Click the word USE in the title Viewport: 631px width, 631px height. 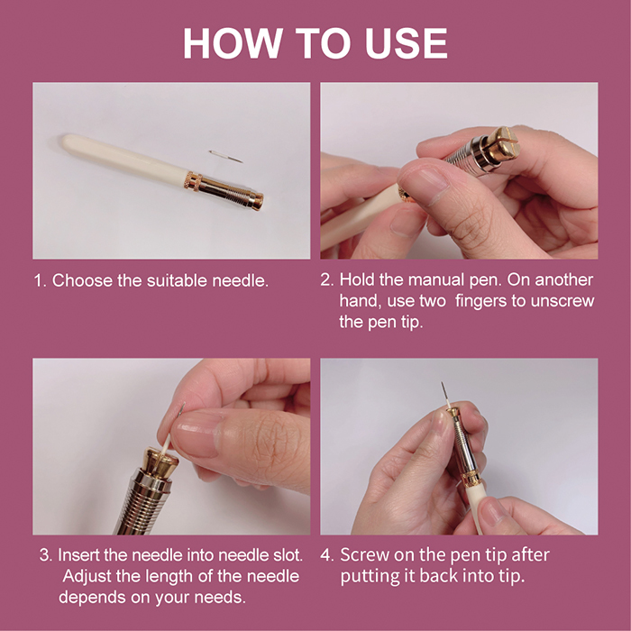click(x=407, y=43)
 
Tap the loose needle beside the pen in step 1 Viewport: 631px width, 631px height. click(x=225, y=156)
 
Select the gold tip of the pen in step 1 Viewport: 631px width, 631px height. click(x=256, y=201)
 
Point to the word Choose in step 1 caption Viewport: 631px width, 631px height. click(x=82, y=280)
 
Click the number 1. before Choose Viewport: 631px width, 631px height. click(x=41, y=281)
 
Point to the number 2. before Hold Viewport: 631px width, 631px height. click(x=326, y=279)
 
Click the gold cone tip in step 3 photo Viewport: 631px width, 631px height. click(x=161, y=462)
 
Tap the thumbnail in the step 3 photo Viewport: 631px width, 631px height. click(x=197, y=434)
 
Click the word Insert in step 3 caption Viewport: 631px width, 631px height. click(x=78, y=555)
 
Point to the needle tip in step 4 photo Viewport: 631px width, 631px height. click(x=443, y=383)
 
